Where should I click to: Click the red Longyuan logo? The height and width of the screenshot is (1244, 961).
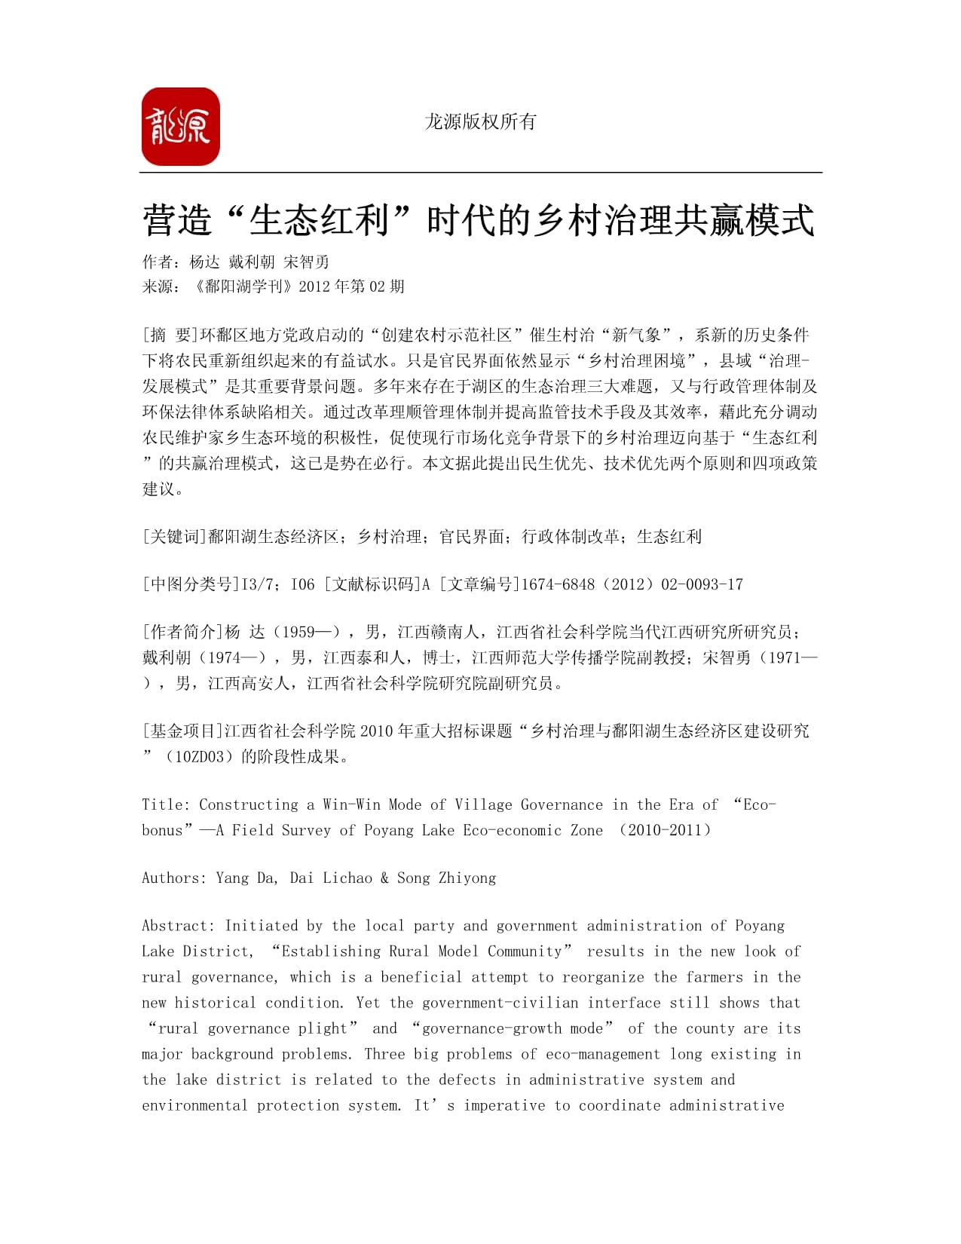click(180, 127)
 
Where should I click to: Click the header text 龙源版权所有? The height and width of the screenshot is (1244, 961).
click(480, 121)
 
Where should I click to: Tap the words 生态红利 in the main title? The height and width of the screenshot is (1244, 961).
click(318, 221)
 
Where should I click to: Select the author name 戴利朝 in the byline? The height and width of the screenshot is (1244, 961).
click(252, 262)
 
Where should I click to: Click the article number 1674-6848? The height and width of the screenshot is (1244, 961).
click(558, 584)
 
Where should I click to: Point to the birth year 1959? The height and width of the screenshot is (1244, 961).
click(298, 633)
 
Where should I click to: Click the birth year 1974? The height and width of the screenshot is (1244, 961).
click(224, 658)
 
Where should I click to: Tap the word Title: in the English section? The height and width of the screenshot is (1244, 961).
click(166, 805)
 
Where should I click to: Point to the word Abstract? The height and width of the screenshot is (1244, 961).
click(179, 926)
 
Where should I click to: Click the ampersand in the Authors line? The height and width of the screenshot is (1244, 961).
click(384, 878)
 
